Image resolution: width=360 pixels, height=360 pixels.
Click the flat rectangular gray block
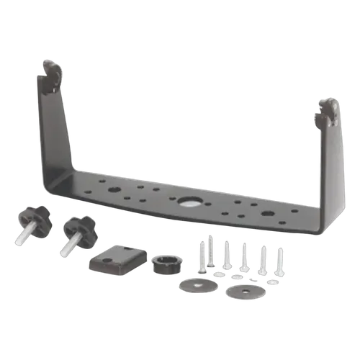tap(117, 259)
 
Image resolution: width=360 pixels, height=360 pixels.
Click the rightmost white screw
tap(279, 263)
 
